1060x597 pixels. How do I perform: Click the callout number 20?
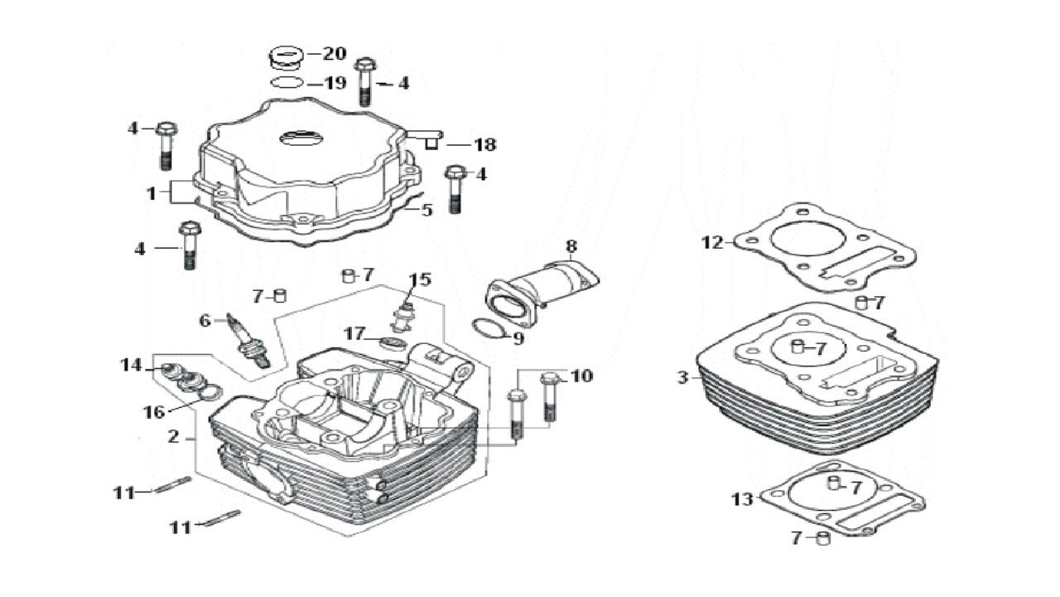(334, 54)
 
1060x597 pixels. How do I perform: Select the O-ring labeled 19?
(286, 82)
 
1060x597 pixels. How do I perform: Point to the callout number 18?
(484, 145)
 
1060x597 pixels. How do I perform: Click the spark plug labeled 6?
(251, 341)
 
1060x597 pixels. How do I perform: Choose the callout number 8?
(571, 246)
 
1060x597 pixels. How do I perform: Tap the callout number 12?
(712, 243)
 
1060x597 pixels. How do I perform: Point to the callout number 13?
(742, 499)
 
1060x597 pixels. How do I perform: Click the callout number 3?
(682, 378)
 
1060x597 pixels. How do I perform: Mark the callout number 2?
(173, 437)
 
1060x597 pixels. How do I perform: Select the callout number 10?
(581, 376)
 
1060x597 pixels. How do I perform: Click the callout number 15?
(420, 279)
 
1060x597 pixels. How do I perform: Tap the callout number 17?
(354, 334)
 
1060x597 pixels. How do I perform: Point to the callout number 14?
(131, 365)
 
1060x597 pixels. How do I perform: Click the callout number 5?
(426, 210)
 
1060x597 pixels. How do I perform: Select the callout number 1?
(152, 193)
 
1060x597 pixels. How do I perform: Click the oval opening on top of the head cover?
(303, 138)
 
